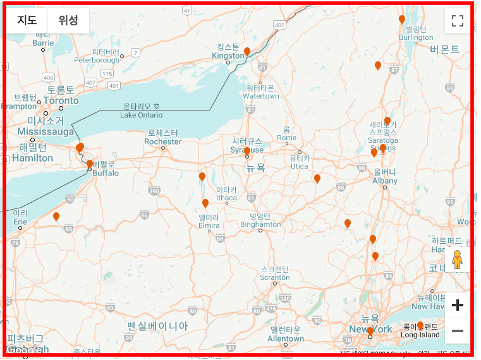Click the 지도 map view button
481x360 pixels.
click(27, 20)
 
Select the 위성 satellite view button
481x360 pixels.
click(68, 20)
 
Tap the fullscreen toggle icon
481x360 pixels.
click(458, 21)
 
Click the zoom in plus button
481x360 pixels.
click(458, 306)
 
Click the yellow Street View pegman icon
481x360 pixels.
click(457, 260)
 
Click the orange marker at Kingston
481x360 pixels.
click(247, 52)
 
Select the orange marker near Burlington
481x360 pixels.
click(402, 20)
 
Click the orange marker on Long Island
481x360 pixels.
click(420, 325)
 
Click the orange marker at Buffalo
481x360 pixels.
click(90, 165)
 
